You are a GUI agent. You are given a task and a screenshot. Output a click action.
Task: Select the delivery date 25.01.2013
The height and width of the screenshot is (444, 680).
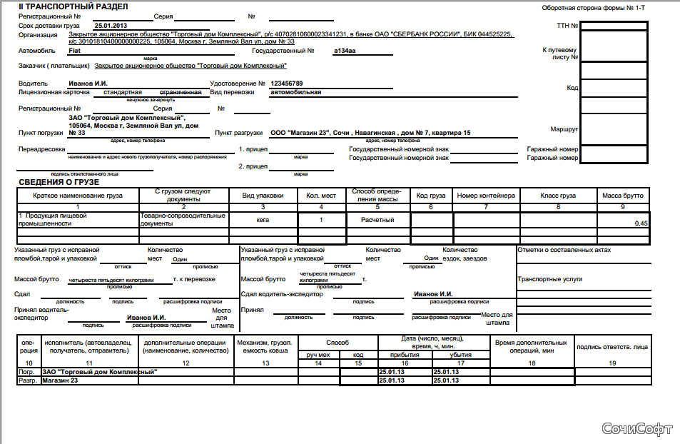point(111,25)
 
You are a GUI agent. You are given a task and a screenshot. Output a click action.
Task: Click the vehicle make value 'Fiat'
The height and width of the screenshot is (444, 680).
point(75,51)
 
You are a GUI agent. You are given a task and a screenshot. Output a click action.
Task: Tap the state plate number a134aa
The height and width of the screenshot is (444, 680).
point(345,51)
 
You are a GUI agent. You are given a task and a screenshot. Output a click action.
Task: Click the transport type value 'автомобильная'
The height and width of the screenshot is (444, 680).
point(295,92)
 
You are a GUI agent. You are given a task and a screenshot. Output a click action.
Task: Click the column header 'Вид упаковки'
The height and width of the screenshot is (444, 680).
point(263,196)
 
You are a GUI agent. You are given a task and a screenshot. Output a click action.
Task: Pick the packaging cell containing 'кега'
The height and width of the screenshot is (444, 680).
point(263,220)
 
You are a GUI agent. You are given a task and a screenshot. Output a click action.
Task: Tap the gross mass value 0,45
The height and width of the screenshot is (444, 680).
point(641,223)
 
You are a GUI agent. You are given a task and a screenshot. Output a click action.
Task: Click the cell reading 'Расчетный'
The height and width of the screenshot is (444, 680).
point(377,220)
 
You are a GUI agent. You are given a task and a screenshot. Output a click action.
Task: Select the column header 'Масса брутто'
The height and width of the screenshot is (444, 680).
point(622,196)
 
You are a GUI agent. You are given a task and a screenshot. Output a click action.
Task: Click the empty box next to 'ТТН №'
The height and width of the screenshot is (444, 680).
point(614,26)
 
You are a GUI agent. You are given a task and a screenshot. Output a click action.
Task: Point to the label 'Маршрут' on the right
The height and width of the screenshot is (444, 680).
point(564,129)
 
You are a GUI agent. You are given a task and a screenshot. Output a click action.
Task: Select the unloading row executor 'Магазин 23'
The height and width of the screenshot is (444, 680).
point(60,381)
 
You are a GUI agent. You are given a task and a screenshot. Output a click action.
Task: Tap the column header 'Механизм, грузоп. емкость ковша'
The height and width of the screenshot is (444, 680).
point(266,348)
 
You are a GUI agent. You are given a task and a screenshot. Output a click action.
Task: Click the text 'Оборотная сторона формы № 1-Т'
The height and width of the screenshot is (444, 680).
point(593,8)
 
